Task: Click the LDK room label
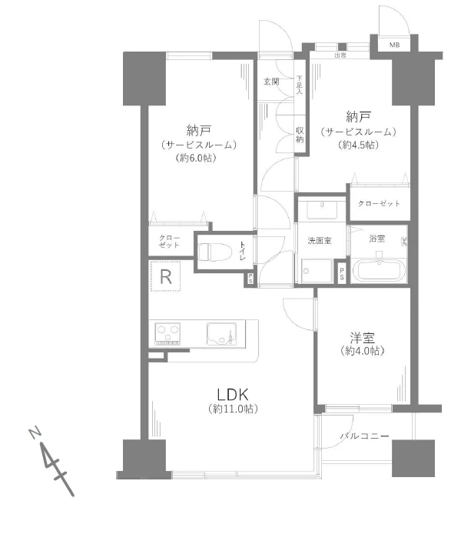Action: (231, 392)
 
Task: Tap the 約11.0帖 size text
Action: (231, 409)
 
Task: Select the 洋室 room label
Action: (362, 336)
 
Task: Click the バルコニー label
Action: (365, 436)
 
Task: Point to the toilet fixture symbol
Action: (214, 252)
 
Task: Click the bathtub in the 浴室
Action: (378, 271)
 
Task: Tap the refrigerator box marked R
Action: (166, 276)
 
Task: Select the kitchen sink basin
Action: (223, 332)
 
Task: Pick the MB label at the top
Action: (394, 45)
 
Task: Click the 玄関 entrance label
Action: (271, 81)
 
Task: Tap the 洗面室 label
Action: (320, 241)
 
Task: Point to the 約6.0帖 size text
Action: (197, 158)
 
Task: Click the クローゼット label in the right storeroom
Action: (379, 203)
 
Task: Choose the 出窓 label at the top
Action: (340, 55)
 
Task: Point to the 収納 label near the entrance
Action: (300, 135)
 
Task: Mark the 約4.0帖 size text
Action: (362, 350)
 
